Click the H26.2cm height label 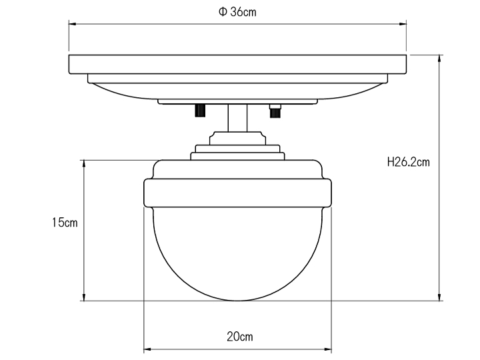[x=408, y=162]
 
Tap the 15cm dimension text [x=65, y=223]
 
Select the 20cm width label [x=239, y=337]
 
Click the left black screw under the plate [x=199, y=111]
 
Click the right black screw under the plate [x=274, y=111]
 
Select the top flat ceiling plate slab [x=237, y=64]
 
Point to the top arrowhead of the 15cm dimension [x=83, y=164]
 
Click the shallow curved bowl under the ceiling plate [x=237, y=91]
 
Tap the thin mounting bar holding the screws [x=237, y=103]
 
